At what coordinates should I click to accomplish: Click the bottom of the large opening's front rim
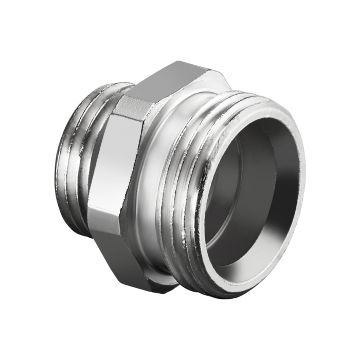click(x=231, y=291)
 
